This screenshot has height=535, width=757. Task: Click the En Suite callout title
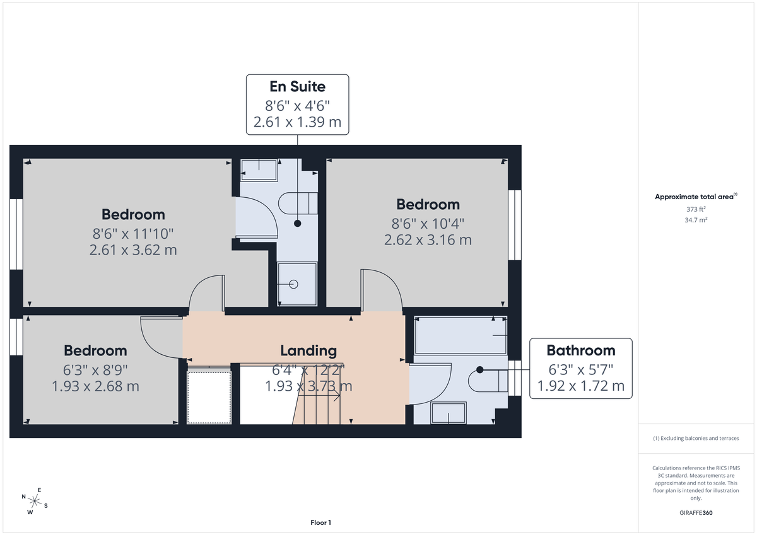(297, 86)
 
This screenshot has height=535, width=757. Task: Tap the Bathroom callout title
(580, 350)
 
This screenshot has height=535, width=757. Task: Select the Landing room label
(308, 350)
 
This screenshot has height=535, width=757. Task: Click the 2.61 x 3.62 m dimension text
(133, 250)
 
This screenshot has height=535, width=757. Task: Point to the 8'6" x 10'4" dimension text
(428, 223)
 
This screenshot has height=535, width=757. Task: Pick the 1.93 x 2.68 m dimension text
(95, 386)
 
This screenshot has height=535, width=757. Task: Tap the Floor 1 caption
(320, 522)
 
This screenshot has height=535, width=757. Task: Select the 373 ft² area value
(696, 209)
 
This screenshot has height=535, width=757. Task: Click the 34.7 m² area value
(696, 220)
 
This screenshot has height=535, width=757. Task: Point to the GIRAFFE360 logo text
(696, 513)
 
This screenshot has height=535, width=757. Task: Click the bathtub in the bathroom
(461, 335)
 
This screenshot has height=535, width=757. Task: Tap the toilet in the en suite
(296, 203)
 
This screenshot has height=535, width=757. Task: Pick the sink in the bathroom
(449, 413)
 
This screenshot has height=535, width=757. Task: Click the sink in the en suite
(259, 170)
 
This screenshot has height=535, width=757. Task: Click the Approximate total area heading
(696, 197)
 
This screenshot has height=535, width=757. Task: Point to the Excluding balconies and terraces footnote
(696, 438)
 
